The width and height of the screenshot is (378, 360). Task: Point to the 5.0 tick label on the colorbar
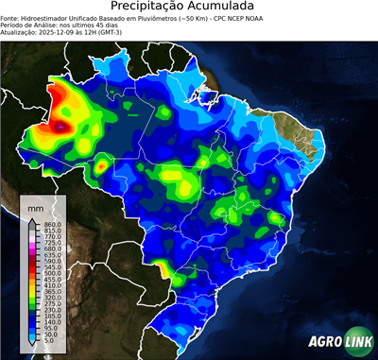48,342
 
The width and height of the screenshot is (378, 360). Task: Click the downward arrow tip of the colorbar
32,347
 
